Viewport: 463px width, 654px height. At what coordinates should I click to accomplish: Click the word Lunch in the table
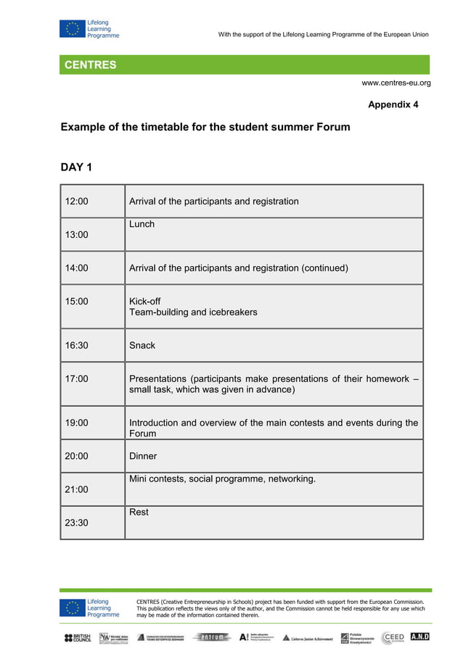point(142,224)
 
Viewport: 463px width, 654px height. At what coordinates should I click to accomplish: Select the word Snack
point(142,346)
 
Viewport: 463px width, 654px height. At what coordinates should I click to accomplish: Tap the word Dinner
point(143,456)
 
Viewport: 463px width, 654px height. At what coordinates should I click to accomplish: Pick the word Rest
point(139,512)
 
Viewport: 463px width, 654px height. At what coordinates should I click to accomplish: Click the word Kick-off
point(145,302)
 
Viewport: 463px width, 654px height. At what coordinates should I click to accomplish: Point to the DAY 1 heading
point(76,168)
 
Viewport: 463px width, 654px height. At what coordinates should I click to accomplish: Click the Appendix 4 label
point(393,105)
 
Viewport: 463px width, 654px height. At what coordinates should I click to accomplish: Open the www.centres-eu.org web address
point(396,83)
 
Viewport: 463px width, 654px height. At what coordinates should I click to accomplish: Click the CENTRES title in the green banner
point(90,65)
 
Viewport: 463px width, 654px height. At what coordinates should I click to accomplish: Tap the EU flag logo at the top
point(71,29)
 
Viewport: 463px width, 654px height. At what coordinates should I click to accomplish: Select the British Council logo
point(78,638)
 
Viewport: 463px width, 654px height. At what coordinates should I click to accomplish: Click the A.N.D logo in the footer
point(419,637)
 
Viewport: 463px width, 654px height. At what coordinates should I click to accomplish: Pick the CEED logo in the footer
point(393,637)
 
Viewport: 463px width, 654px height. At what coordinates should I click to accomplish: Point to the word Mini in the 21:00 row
point(139,479)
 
